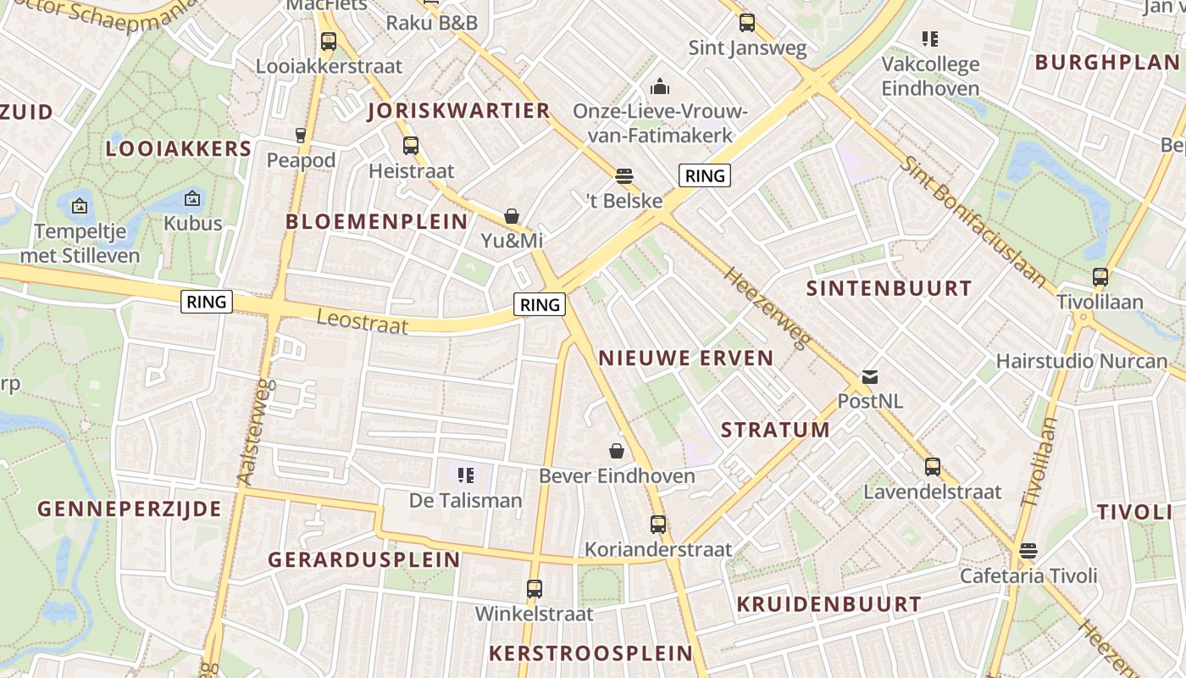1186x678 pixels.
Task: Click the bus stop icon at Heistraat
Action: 411,146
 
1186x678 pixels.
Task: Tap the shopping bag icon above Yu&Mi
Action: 512,216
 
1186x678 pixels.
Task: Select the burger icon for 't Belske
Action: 624,176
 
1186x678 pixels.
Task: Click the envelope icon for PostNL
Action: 870,377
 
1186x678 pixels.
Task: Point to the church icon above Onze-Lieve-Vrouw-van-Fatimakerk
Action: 659,86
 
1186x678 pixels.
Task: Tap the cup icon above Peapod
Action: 300,135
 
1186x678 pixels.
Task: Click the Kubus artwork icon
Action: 192,199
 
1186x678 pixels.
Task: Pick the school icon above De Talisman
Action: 465,475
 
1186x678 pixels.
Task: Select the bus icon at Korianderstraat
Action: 658,525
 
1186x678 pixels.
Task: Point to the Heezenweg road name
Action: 767,307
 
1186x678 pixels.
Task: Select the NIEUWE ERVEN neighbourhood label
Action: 686,358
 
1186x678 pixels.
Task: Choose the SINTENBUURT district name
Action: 889,288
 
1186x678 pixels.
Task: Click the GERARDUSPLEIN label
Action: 364,559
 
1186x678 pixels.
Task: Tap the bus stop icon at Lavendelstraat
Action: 933,467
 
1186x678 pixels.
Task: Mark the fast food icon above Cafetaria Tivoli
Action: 1028,551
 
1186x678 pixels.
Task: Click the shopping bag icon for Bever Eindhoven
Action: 617,451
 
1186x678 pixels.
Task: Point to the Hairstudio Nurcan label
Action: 1082,361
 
